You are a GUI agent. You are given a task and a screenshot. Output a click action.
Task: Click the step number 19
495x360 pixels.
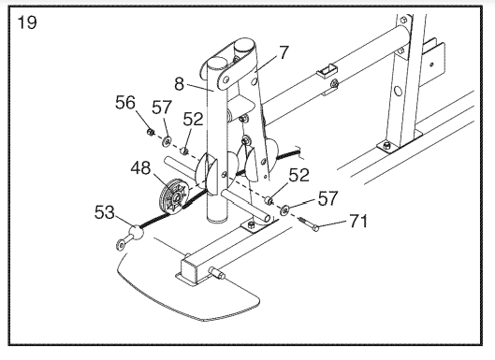27,22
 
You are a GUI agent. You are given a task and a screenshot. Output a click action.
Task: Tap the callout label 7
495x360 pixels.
284,52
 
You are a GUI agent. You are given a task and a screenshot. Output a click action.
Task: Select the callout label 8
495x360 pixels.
179,84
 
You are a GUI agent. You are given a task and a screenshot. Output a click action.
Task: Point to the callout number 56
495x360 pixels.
125,103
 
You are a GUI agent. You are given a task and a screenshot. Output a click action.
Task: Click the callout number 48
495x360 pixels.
140,168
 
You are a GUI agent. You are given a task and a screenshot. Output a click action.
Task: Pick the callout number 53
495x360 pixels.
105,212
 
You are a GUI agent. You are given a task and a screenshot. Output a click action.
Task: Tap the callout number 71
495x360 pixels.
358,222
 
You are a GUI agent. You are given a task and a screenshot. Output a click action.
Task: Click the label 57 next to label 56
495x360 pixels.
162,108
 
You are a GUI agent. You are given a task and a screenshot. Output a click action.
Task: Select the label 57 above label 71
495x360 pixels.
328,198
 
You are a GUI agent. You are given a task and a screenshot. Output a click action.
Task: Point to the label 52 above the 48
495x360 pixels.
193,120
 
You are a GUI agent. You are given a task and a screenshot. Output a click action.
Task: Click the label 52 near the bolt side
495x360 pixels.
298,175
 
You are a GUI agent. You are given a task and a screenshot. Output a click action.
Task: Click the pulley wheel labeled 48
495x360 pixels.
174,197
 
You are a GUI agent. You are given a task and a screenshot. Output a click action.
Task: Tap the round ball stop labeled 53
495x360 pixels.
136,232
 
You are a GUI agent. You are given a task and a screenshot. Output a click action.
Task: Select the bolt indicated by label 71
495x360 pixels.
309,223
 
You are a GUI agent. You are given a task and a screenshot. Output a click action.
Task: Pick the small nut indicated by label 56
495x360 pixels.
150,132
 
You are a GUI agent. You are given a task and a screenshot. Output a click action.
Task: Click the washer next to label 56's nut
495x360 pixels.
167,141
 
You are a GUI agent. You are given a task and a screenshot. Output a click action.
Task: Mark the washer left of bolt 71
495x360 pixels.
285,209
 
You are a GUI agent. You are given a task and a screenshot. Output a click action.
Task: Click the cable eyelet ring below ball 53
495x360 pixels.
121,245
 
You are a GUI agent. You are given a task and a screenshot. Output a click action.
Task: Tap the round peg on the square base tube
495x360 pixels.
216,273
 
